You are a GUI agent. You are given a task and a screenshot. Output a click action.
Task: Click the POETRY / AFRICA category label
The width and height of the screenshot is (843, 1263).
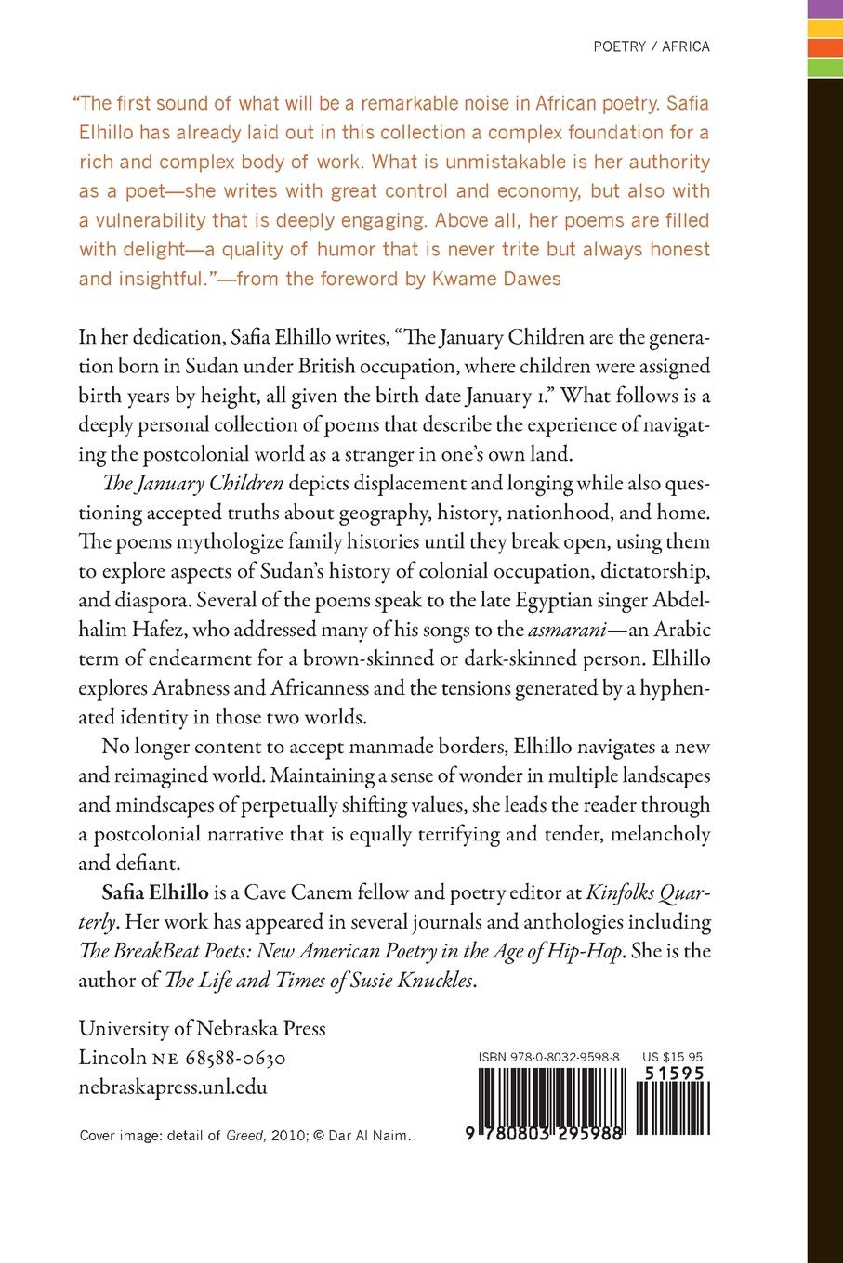(652, 46)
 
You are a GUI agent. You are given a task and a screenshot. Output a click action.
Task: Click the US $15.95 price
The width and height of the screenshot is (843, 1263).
(672, 1057)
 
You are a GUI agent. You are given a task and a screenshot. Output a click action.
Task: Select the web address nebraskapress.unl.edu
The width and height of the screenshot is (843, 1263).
(173, 1087)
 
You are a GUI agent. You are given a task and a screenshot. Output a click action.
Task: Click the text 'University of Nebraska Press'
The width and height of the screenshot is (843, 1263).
(202, 1028)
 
